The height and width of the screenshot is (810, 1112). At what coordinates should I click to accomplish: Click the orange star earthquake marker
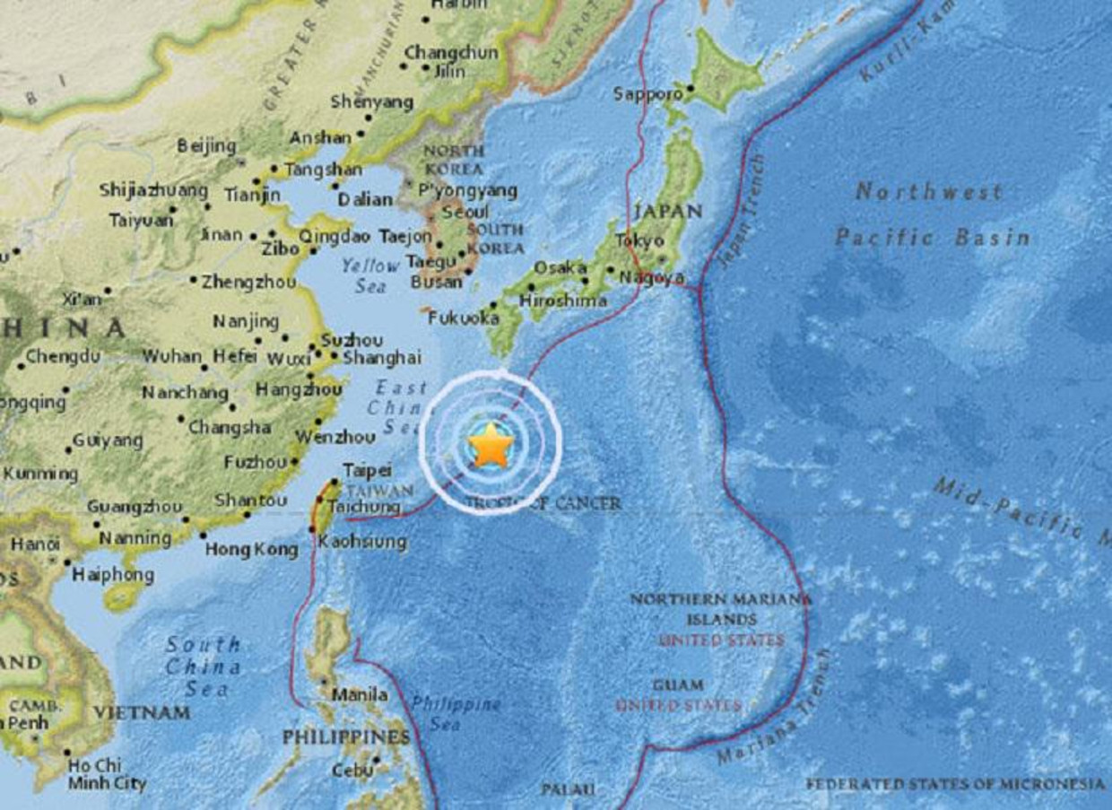(x=491, y=446)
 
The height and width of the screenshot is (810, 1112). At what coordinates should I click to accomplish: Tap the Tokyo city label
(x=639, y=240)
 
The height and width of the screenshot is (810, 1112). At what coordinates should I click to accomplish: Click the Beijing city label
(x=206, y=145)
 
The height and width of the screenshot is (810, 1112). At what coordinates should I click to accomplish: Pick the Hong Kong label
(x=251, y=549)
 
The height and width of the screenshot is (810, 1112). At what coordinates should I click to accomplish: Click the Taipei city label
(x=367, y=470)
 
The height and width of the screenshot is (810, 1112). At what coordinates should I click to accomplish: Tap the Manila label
(x=361, y=694)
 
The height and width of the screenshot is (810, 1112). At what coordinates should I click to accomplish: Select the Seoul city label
(x=465, y=212)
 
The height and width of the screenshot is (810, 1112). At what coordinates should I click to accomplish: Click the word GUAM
(x=678, y=685)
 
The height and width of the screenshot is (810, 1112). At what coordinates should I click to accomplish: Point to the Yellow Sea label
(x=369, y=275)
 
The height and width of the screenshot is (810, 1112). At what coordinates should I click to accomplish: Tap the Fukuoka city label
(x=463, y=318)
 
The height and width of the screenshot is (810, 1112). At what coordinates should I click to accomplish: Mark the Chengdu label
(x=63, y=356)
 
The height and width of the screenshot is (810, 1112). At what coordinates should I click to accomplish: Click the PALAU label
(x=568, y=789)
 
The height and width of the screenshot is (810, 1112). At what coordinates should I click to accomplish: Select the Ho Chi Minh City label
(x=107, y=774)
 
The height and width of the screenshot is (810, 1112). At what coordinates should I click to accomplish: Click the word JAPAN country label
(x=667, y=212)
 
